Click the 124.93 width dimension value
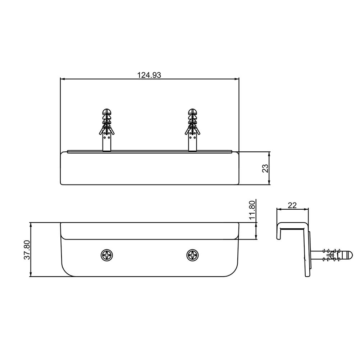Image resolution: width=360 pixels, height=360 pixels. pos(149,75)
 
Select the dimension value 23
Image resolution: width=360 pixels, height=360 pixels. pos(265,168)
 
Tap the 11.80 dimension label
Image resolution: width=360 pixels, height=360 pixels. pos(252,210)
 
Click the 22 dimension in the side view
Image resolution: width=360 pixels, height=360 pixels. pos(292,205)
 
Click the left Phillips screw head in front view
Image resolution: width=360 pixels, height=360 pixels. pos(107,255)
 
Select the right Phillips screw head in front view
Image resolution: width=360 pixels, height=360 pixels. pos(193,255)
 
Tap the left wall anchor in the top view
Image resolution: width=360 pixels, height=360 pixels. pos(107,132)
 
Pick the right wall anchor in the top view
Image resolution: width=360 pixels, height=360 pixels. pos(193,132)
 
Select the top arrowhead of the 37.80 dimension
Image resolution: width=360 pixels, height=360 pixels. pos(31,224)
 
